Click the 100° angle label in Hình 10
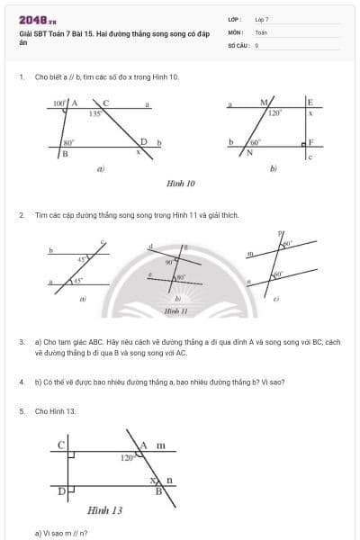59,103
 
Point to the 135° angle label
94,115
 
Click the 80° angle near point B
67,142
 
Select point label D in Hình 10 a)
143,141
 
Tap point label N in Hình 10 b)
250,153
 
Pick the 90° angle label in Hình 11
168,261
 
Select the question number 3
21,343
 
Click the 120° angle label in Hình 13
127,458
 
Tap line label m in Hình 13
161,445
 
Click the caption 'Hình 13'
104,510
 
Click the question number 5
21,410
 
